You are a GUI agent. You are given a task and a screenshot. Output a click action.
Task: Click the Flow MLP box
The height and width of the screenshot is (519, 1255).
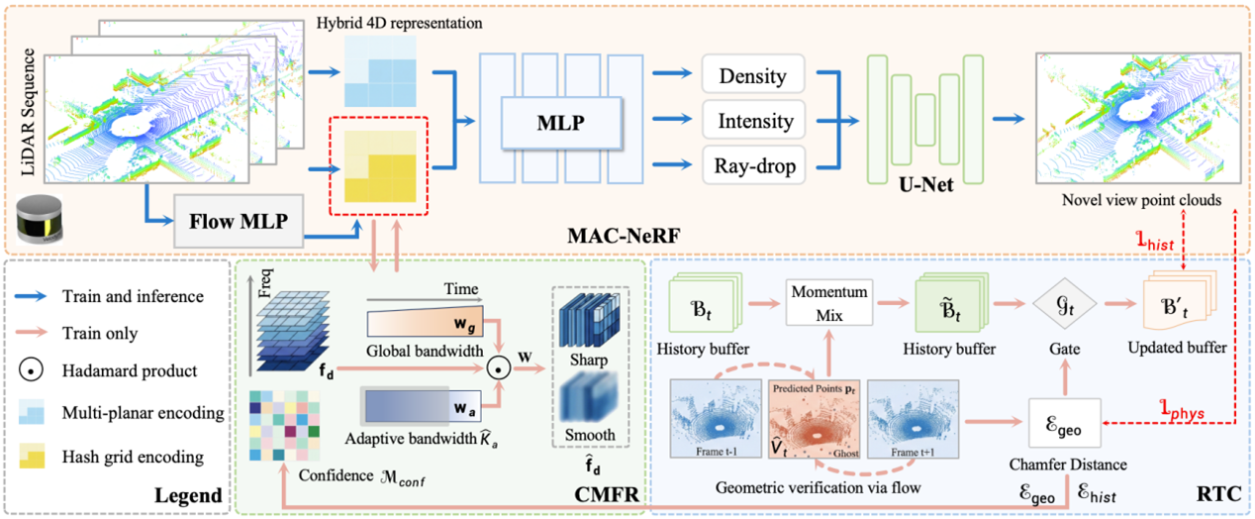tap(239, 221)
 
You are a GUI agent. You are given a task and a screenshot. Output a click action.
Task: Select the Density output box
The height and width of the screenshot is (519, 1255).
tap(753, 74)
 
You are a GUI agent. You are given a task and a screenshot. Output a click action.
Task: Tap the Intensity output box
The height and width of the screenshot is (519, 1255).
tap(753, 120)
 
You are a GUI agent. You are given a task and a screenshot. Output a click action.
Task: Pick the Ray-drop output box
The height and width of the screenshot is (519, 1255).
tap(753, 164)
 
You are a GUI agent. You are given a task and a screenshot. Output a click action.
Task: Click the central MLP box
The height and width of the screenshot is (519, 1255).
tap(561, 123)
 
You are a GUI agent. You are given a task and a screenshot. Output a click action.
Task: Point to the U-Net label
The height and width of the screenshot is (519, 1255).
tap(925, 184)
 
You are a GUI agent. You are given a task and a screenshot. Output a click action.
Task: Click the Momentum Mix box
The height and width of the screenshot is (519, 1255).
tap(829, 303)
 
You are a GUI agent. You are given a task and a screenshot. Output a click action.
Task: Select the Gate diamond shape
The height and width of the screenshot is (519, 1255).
tap(1065, 305)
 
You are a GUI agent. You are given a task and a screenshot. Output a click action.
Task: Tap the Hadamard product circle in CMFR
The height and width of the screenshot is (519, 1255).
tap(498, 368)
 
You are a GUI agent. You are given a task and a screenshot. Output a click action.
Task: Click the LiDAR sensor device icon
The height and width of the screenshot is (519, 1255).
tap(40, 219)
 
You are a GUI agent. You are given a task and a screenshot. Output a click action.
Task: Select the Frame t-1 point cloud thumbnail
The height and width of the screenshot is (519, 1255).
tap(716, 418)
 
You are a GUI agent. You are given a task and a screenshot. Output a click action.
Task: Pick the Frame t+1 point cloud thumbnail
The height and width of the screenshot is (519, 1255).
tap(914, 419)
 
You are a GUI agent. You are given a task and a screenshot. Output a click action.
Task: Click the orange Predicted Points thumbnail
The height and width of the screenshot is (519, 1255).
tap(815, 419)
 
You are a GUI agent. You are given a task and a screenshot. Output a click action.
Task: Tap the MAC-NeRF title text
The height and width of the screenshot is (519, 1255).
tap(624, 236)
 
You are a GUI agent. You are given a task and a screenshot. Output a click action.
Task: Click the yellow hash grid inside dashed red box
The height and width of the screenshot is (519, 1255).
tap(380, 166)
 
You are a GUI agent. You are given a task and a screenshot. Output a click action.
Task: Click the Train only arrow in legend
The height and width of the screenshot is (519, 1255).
tap(31, 333)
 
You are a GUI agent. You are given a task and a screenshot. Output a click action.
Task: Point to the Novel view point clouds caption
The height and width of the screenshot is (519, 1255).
tap(1142, 200)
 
